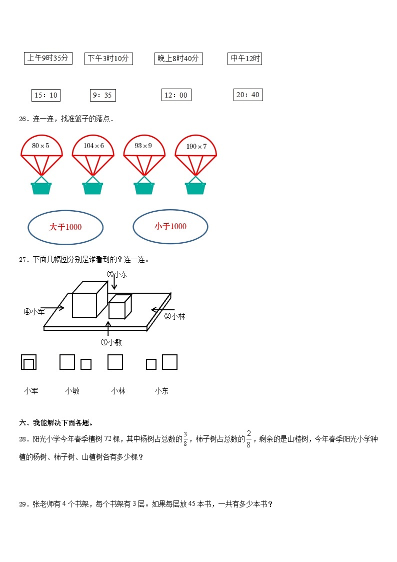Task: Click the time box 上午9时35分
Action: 48,58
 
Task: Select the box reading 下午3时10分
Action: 107,59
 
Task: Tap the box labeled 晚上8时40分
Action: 178,59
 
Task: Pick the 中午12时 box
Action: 245,59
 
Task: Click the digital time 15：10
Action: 46,95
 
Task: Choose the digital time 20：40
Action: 248,95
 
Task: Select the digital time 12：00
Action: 176,95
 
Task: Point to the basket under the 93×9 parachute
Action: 144,188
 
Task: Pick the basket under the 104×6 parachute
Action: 92,188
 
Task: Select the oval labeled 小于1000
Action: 170,227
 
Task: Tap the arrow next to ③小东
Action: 114,282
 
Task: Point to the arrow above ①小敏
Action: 108,329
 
